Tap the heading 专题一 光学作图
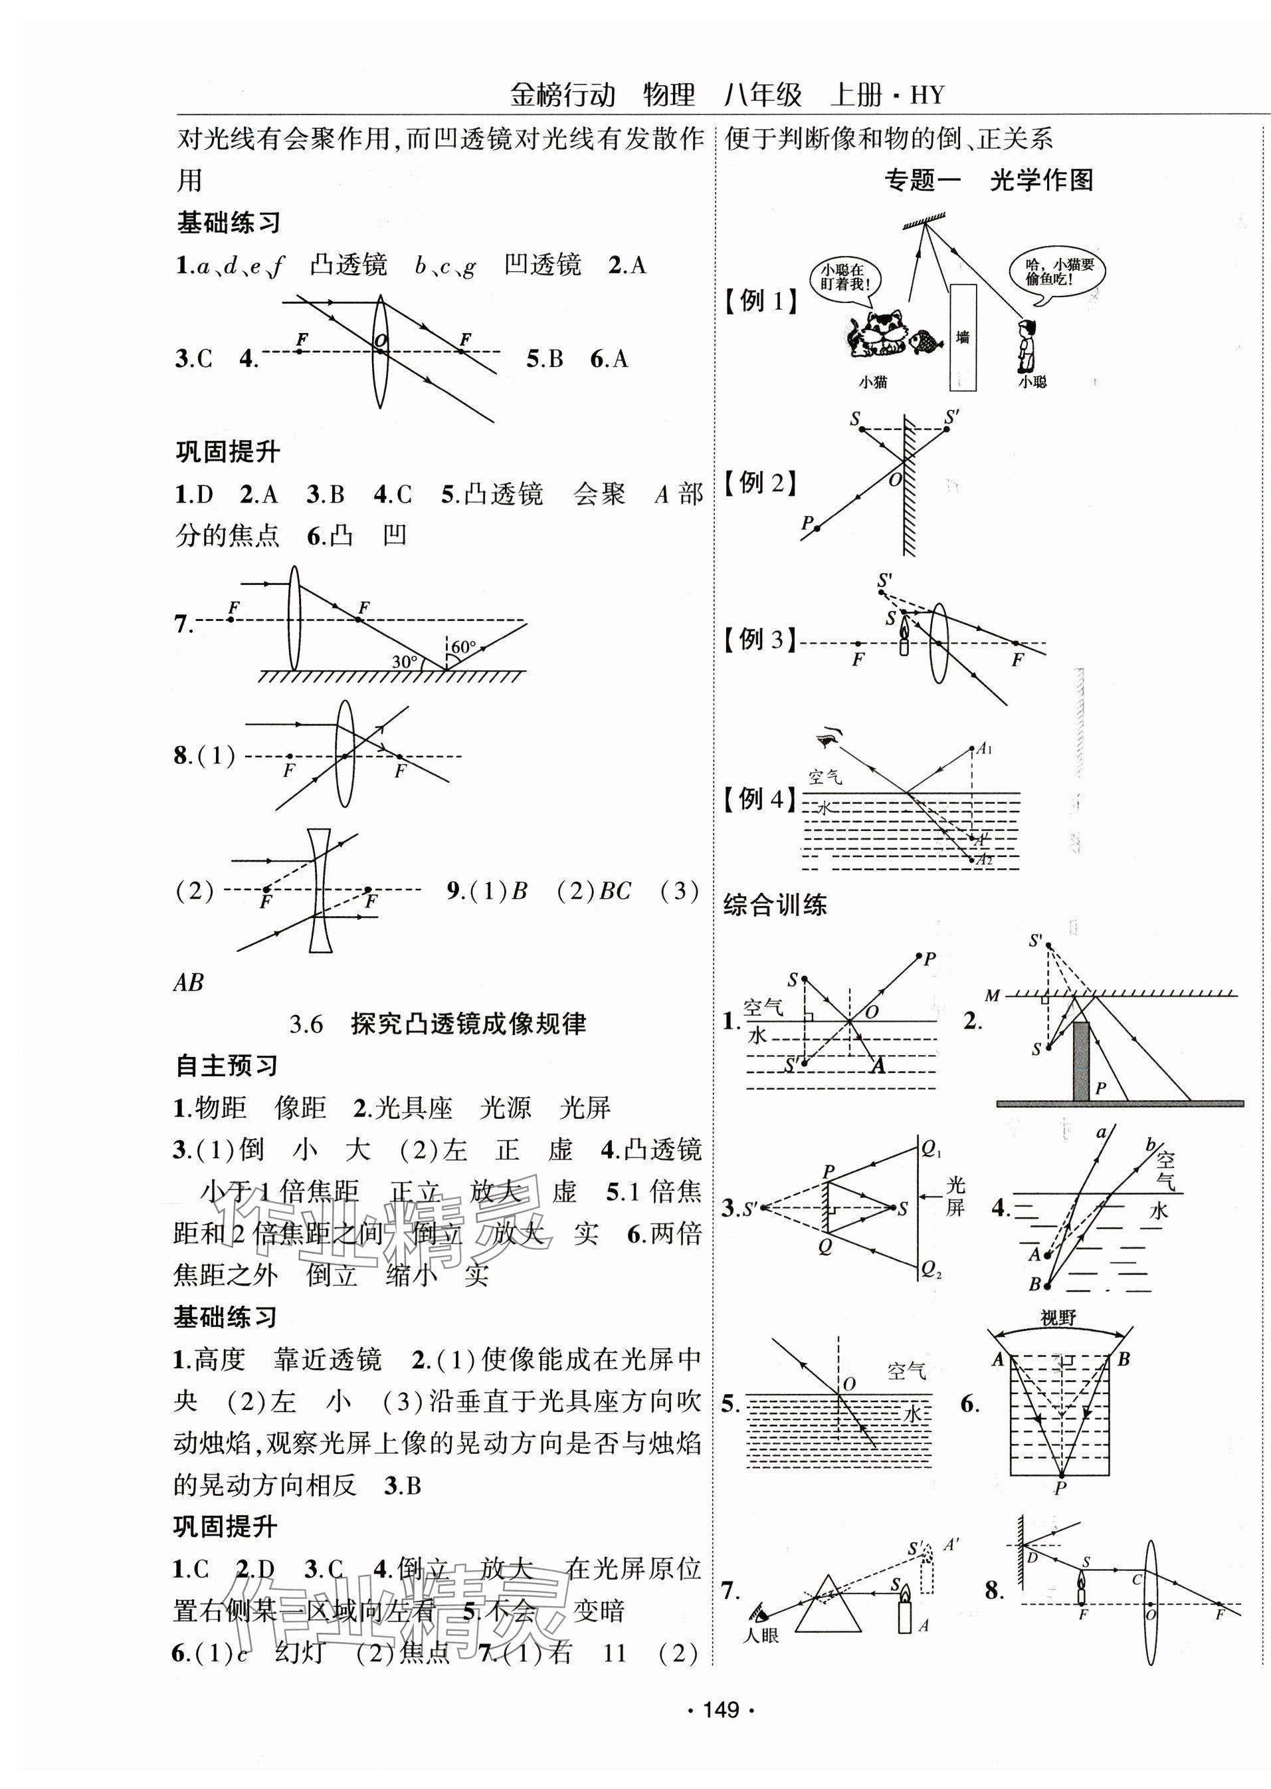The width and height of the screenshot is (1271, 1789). (x=989, y=181)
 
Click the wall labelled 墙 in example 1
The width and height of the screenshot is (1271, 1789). (x=962, y=336)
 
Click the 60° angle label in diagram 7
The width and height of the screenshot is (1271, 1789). (x=463, y=647)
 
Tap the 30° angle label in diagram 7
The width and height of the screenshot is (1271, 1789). (x=405, y=662)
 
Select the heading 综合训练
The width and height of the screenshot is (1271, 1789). (x=775, y=906)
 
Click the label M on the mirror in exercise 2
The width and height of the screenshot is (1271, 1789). (x=993, y=996)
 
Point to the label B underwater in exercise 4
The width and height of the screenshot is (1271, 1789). (x=1034, y=1284)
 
